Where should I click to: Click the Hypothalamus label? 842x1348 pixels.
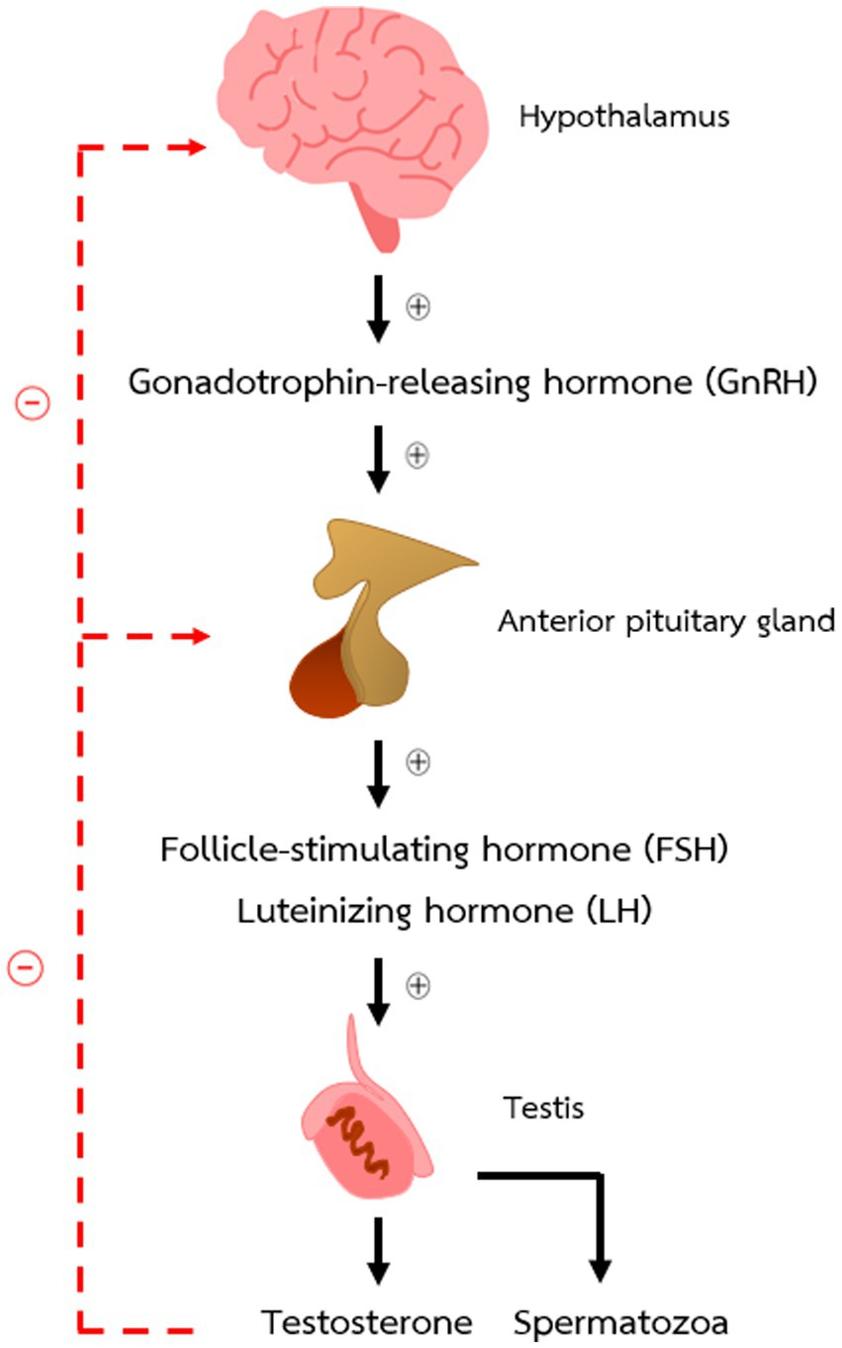pyautogui.click(x=623, y=117)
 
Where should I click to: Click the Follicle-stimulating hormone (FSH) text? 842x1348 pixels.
pyautogui.click(x=444, y=850)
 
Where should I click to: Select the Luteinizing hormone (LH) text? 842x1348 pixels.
pyautogui.click(x=444, y=911)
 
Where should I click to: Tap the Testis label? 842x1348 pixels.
pyautogui.click(x=543, y=1109)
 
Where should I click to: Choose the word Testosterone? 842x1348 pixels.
pyautogui.click(x=367, y=1321)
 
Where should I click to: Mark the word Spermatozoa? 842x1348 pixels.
pyautogui.click(x=621, y=1321)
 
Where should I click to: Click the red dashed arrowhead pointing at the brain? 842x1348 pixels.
pyautogui.click(x=194, y=147)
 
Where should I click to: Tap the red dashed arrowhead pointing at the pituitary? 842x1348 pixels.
pyautogui.click(x=199, y=636)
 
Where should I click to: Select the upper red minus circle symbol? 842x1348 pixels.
pyautogui.click(x=32, y=404)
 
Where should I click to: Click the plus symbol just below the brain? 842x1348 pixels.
pyautogui.click(x=420, y=307)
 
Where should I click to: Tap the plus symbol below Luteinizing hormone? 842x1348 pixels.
pyautogui.click(x=420, y=985)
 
